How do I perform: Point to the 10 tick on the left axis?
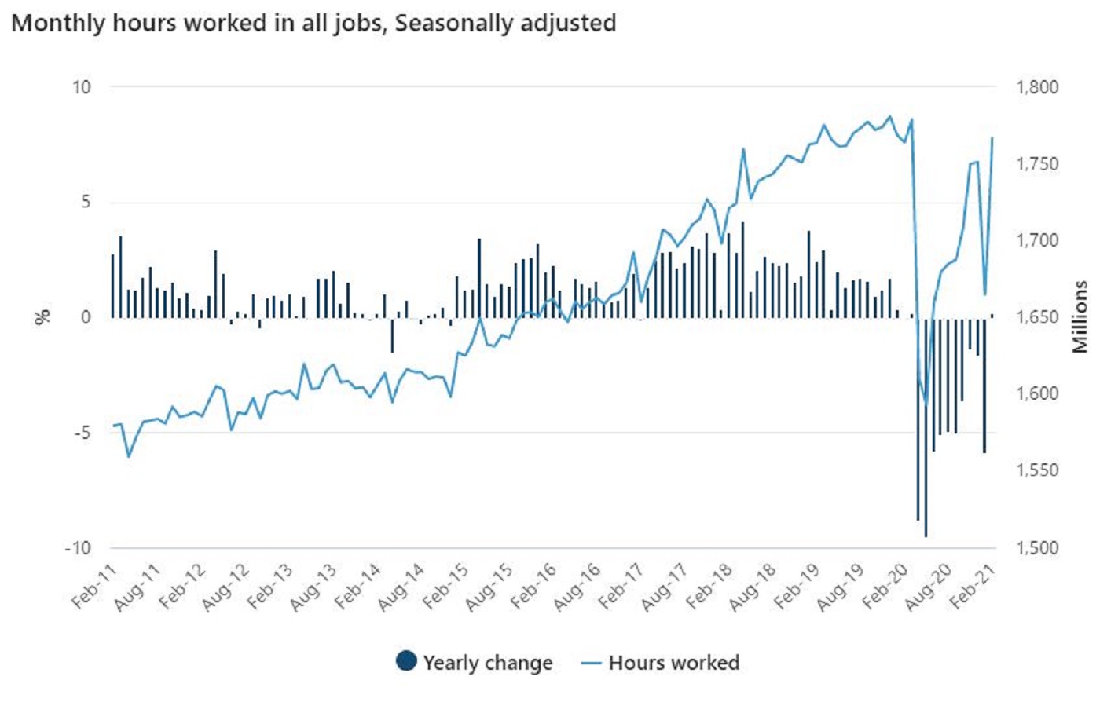pos(82,87)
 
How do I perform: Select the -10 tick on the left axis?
pos(78,548)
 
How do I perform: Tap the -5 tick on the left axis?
pos(81,433)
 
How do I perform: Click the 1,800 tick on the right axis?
pos(1038,87)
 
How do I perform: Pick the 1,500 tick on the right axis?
pos(1038,548)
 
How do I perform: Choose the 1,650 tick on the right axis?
pos(1038,317)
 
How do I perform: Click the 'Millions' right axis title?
pos(1081,317)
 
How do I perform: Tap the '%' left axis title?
pos(42,317)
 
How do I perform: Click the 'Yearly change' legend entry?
pos(474,663)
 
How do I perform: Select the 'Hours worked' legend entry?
pos(662,663)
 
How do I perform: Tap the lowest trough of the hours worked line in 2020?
pos(926,403)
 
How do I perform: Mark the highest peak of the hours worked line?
pos(890,116)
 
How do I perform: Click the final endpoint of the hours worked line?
pos(992,138)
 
